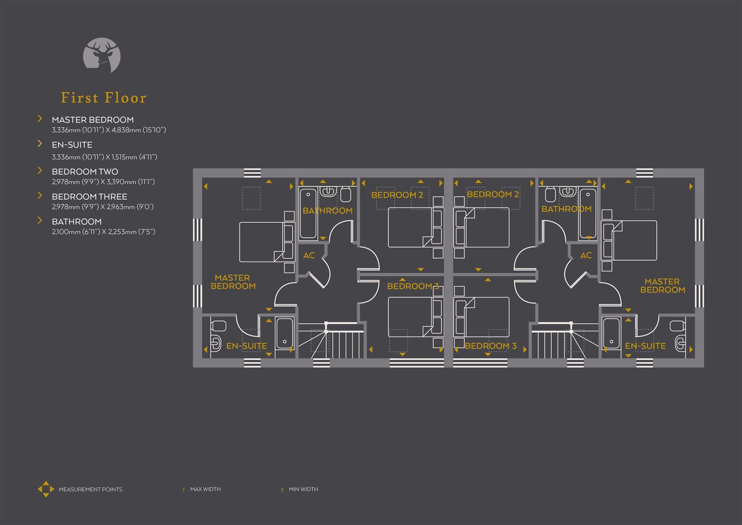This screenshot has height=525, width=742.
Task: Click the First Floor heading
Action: tap(103, 98)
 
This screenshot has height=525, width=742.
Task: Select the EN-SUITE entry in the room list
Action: tap(72, 145)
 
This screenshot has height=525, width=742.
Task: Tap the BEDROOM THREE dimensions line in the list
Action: tap(102, 207)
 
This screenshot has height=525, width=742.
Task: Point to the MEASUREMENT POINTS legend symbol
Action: tap(46, 489)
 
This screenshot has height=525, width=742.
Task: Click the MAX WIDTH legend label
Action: tap(205, 489)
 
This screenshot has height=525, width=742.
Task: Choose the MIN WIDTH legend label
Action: tap(303, 489)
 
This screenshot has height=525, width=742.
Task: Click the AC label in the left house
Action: tap(309, 255)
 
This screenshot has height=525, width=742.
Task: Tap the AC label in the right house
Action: tap(586, 255)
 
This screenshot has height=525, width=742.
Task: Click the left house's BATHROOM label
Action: tap(327, 210)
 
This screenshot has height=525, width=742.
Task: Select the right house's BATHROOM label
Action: tap(566, 209)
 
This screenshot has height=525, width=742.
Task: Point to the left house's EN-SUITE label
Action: tap(247, 346)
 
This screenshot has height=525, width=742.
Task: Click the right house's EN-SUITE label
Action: tap(645, 346)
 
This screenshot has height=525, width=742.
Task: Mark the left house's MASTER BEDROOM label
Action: tap(233, 282)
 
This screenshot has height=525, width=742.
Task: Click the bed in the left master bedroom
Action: tap(262, 242)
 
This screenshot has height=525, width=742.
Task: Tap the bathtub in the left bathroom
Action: tap(308, 214)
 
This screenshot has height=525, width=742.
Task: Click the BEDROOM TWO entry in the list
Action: tap(85, 172)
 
